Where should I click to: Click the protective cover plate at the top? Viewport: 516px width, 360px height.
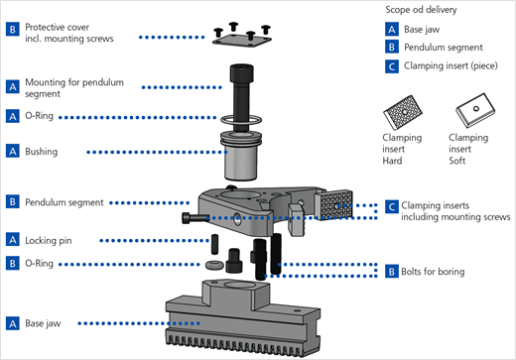point(242,41)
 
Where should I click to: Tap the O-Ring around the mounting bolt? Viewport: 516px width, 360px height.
point(225,121)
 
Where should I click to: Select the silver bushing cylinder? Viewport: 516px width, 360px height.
point(241,156)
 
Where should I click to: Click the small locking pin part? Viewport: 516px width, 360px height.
point(214,244)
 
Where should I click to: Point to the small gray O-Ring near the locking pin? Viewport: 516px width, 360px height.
point(214,265)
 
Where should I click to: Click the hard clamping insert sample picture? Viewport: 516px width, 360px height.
point(403,112)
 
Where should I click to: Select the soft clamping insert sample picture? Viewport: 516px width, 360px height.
point(475,110)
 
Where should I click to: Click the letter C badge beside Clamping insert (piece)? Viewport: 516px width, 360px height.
point(392,66)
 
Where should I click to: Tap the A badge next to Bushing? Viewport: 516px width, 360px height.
point(13,151)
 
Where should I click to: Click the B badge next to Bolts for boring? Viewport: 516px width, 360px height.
point(392,272)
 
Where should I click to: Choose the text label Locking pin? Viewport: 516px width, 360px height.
point(49,240)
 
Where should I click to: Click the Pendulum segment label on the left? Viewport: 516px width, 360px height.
point(64,202)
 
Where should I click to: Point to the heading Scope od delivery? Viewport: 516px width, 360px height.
point(421,10)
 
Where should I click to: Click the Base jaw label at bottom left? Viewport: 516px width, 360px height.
point(43,323)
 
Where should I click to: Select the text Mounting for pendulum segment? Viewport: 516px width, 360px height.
point(74,87)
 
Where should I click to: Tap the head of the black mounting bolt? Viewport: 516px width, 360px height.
point(242,73)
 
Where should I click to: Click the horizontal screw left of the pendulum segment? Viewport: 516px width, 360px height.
point(195,218)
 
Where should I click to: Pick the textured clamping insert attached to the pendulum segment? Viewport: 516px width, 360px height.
point(333,205)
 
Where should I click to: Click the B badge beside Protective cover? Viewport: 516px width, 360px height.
point(13,29)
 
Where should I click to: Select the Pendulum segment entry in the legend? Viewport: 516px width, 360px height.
point(444,48)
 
